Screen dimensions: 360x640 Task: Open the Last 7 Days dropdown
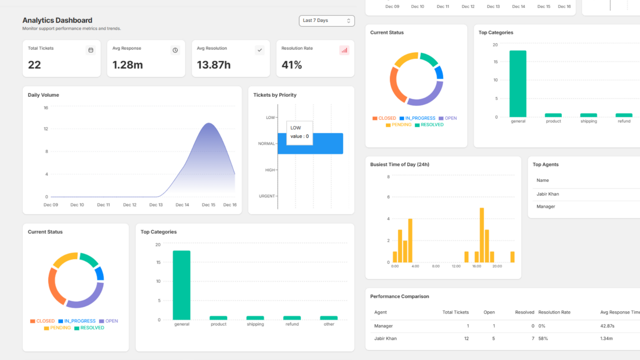[326, 21]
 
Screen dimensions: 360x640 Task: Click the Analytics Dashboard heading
[57, 20]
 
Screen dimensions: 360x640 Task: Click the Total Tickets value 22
[34, 65]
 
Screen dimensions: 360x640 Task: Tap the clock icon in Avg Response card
[175, 50]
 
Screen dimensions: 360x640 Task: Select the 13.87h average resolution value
[214, 65]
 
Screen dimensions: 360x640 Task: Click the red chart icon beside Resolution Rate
[344, 50]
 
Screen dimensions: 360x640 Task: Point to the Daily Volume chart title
[43, 95]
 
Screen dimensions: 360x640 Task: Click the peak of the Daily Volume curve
[209, 124]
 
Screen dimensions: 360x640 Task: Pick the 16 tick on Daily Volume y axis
[46, 108]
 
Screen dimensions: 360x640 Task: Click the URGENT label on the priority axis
[267, 196]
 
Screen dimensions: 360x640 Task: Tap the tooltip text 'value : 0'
[300, 136]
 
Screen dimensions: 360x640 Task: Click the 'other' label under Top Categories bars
[329, 324]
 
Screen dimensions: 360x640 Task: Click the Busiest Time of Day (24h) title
[400, 164]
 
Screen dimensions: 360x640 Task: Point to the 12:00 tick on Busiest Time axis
[456, 266]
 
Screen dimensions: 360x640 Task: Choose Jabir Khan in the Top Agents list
[548, 194]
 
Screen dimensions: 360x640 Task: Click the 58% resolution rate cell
[543, 339]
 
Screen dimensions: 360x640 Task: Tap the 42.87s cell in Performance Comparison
[607, 326]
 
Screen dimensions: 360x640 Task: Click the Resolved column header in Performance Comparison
[524, 312]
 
